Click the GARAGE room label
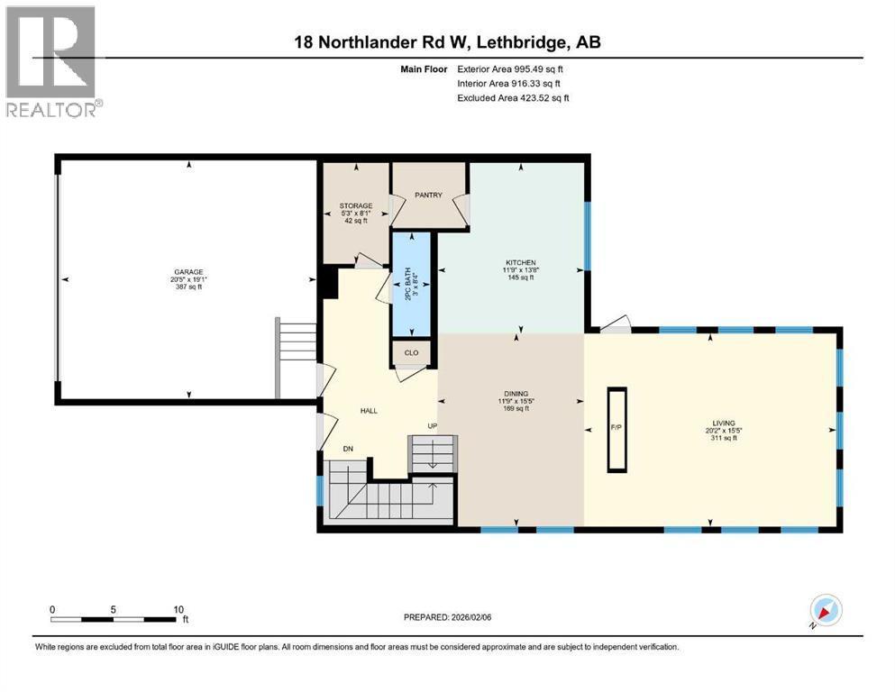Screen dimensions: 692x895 point(189,271)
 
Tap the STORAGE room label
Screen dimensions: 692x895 point(356,206)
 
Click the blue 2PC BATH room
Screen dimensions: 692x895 point(413,284)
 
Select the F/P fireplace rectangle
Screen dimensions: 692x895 point(617,429)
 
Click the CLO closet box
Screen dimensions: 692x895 point(412,353)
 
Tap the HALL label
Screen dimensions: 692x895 point(369,411)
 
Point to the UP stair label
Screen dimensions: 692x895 point(433,425)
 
